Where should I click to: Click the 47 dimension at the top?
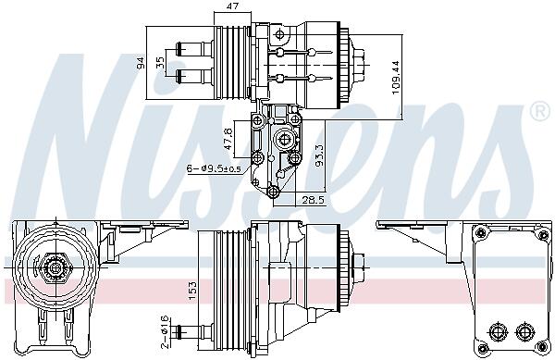pyautogui.click(x=232, y=6)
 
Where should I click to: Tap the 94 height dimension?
pyautogui.click(x=141, y=63)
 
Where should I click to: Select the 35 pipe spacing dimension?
pyautogui.click(x=160, y=63)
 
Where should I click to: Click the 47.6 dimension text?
pyautogui.click(x=228, y=139)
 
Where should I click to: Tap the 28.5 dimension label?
pyautogui.click(x=313, y=200)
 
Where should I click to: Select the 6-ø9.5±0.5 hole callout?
pyautogui.click(x=214, y=168)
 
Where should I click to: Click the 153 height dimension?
pyautogui.click(x=192, y=291)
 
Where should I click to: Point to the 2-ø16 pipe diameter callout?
pyautogui.click(x=165, y=331)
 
